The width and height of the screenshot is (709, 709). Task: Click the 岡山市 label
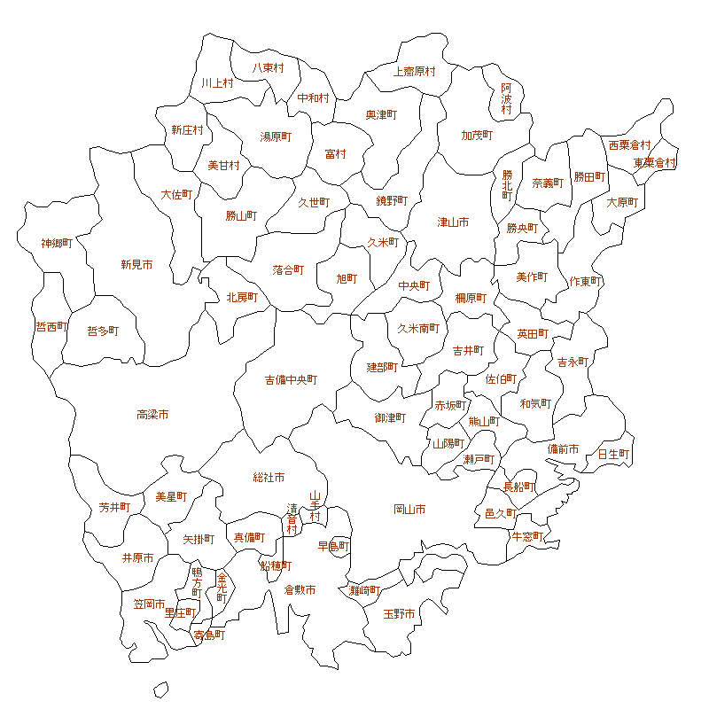coord(409,510)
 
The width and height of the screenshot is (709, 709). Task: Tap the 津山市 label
coord(453,222)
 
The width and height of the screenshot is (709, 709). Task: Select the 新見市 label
coord(136,264)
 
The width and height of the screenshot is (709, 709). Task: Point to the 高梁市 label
coord(152,415)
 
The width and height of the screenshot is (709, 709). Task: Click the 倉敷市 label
coord(300,590)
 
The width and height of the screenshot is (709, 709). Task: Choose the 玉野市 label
coord(399,613)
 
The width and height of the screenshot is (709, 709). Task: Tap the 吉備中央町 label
coord(291,380)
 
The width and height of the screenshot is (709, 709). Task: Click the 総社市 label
coord(269,478)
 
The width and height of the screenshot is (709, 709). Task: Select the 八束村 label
coord(268,68)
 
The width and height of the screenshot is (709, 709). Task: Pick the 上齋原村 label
coord(415,71)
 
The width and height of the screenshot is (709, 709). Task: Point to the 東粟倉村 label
coord(655,163)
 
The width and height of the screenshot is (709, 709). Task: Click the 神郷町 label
coord(57,243)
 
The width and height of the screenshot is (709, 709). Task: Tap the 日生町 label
coord(613,455)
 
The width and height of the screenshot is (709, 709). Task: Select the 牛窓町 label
coord(527,536)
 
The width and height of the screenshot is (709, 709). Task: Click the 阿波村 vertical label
coord(506,98)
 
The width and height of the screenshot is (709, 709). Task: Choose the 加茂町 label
coord(477,136)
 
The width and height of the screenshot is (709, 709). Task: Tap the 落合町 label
coord(289,269)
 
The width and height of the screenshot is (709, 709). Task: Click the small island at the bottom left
coord(160,689)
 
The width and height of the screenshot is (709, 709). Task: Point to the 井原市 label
coord(137,558)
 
